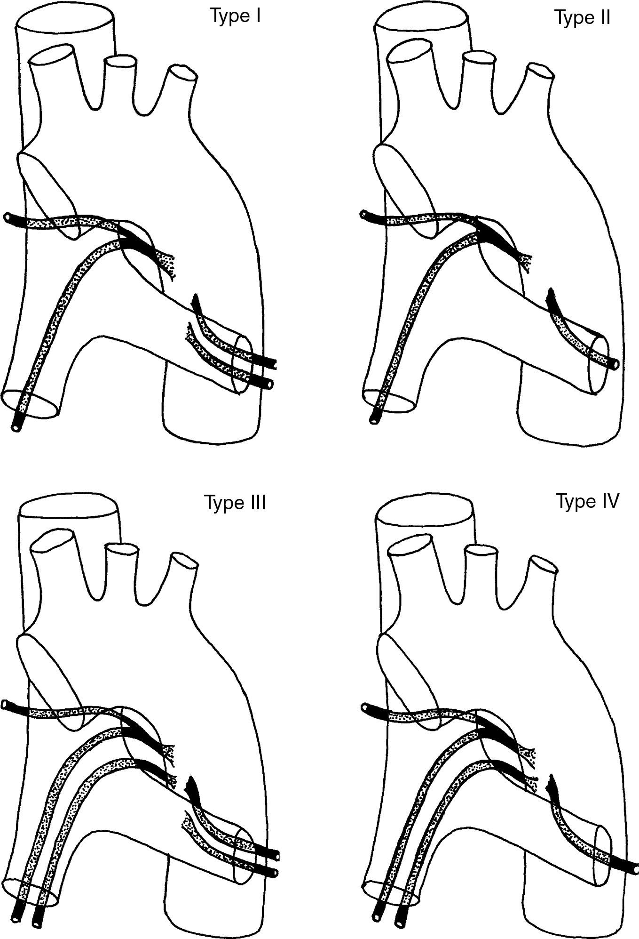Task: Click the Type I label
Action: [235, 16]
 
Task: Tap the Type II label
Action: [583, 17]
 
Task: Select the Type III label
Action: [235, 502]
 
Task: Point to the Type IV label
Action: [587, 501]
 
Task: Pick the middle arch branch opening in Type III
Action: [122, 548]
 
